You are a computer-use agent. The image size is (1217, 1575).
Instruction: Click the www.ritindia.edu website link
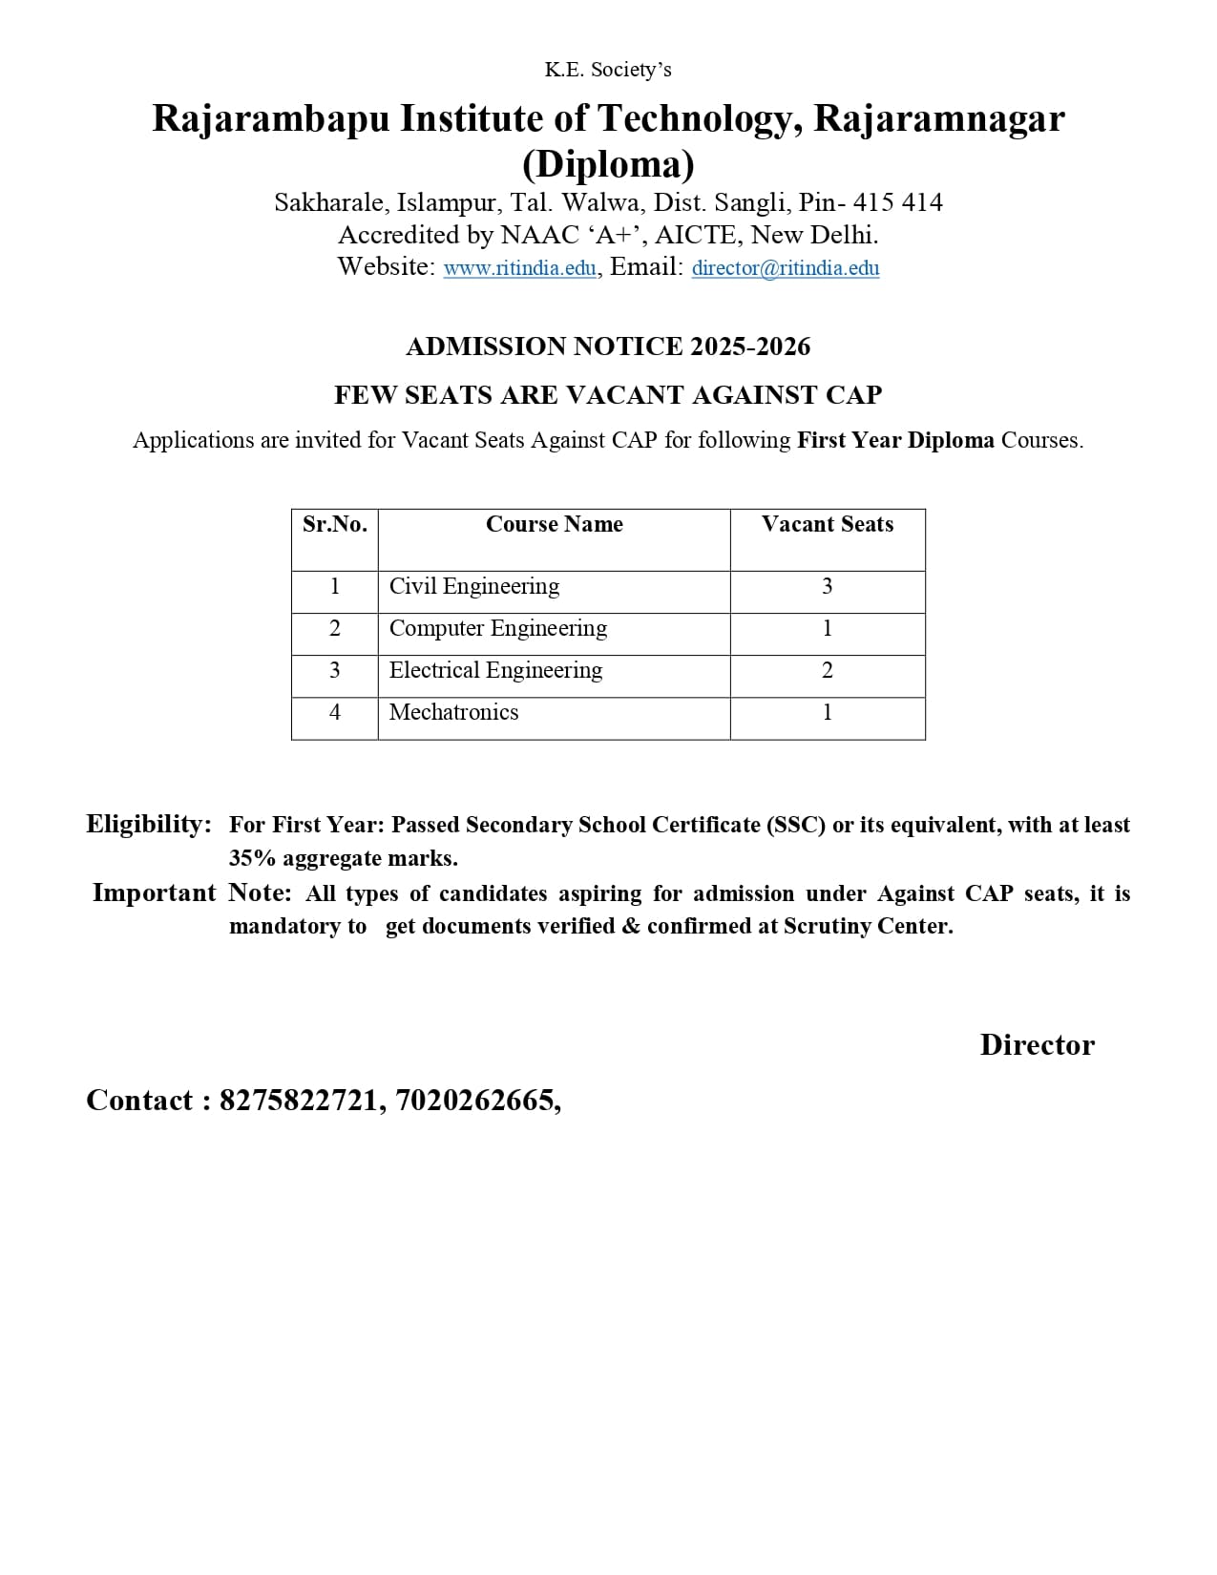[x=520, y=268]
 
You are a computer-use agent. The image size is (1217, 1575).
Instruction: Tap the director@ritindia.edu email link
[x=785, y=268]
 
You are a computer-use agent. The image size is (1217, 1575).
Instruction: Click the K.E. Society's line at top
[x=608, y=70]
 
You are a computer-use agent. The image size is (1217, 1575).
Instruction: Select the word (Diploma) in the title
[x=608, y=164]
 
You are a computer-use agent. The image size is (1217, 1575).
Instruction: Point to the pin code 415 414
[x=897, y=202]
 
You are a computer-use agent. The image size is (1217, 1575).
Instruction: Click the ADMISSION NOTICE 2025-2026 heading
[x=608, y=346]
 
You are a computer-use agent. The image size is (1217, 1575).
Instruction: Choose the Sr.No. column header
[x=334, y=524]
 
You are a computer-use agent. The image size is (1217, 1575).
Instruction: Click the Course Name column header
[x=554, y=524]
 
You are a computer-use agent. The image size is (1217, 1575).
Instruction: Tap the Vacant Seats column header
[x=828, y=524]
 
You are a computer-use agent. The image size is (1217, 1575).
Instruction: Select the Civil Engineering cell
[x=474, y=586]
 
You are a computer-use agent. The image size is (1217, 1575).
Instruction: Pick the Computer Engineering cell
[x=497, y=628]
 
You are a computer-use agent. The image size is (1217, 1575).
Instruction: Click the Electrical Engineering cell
[x=495, y=670]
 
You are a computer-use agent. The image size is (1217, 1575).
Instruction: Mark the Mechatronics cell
[x=453, y=712]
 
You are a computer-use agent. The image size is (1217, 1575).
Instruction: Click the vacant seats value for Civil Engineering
[x=828, y=586]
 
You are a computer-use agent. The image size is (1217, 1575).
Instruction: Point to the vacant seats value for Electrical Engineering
[x=828, y=670]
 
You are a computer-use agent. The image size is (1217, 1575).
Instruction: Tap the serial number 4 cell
[x=334, y=712]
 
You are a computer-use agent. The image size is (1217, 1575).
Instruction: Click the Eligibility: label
[x=149, y=824]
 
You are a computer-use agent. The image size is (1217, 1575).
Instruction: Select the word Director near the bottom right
[x=1037, y=1044]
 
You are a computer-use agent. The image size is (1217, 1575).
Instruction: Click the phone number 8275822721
[x=299, y=1101]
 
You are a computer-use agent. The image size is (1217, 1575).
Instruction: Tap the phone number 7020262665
[x=474, y=1101]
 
